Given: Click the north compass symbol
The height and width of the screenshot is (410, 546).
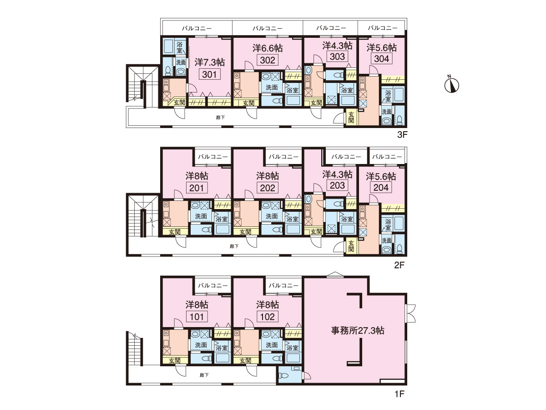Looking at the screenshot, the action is pos(451,85).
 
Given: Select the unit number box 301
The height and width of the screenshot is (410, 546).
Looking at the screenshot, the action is pos(209,74).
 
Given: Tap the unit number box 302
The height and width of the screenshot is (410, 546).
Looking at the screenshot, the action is pos(268,60).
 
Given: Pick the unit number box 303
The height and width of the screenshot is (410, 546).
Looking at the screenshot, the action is pos(337,56).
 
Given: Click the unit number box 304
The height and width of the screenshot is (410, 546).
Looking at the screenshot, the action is pos(381,58).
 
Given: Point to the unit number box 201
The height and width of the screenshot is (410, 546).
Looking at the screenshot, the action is pos(197,188).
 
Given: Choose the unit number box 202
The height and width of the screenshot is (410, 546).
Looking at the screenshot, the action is pos(268,188).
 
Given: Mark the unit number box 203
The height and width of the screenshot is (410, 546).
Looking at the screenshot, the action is pos(337,185).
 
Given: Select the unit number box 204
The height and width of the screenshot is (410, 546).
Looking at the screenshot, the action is pos(381,187).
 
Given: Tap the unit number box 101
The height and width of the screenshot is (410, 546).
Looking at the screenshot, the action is pos(197,317).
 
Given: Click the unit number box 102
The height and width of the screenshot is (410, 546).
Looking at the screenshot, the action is pos(268,317).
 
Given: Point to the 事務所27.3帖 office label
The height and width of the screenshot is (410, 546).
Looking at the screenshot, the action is pos(358,330).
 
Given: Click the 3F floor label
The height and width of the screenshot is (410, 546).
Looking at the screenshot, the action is pos(402,135).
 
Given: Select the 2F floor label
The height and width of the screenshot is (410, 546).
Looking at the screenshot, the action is pos(399,265).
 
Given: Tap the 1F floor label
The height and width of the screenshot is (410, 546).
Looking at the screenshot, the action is pos(399,394).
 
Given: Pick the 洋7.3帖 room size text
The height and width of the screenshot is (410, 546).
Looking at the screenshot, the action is pos(209,62).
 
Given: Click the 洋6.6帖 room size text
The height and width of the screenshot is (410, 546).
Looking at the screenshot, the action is pos(268,48).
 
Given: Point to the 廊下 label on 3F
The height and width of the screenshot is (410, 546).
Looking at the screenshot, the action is pos(220,118).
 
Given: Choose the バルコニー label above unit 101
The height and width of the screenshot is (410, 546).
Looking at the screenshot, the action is pos(212,285).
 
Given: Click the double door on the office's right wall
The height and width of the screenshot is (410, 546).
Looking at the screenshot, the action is pos(411,313).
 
